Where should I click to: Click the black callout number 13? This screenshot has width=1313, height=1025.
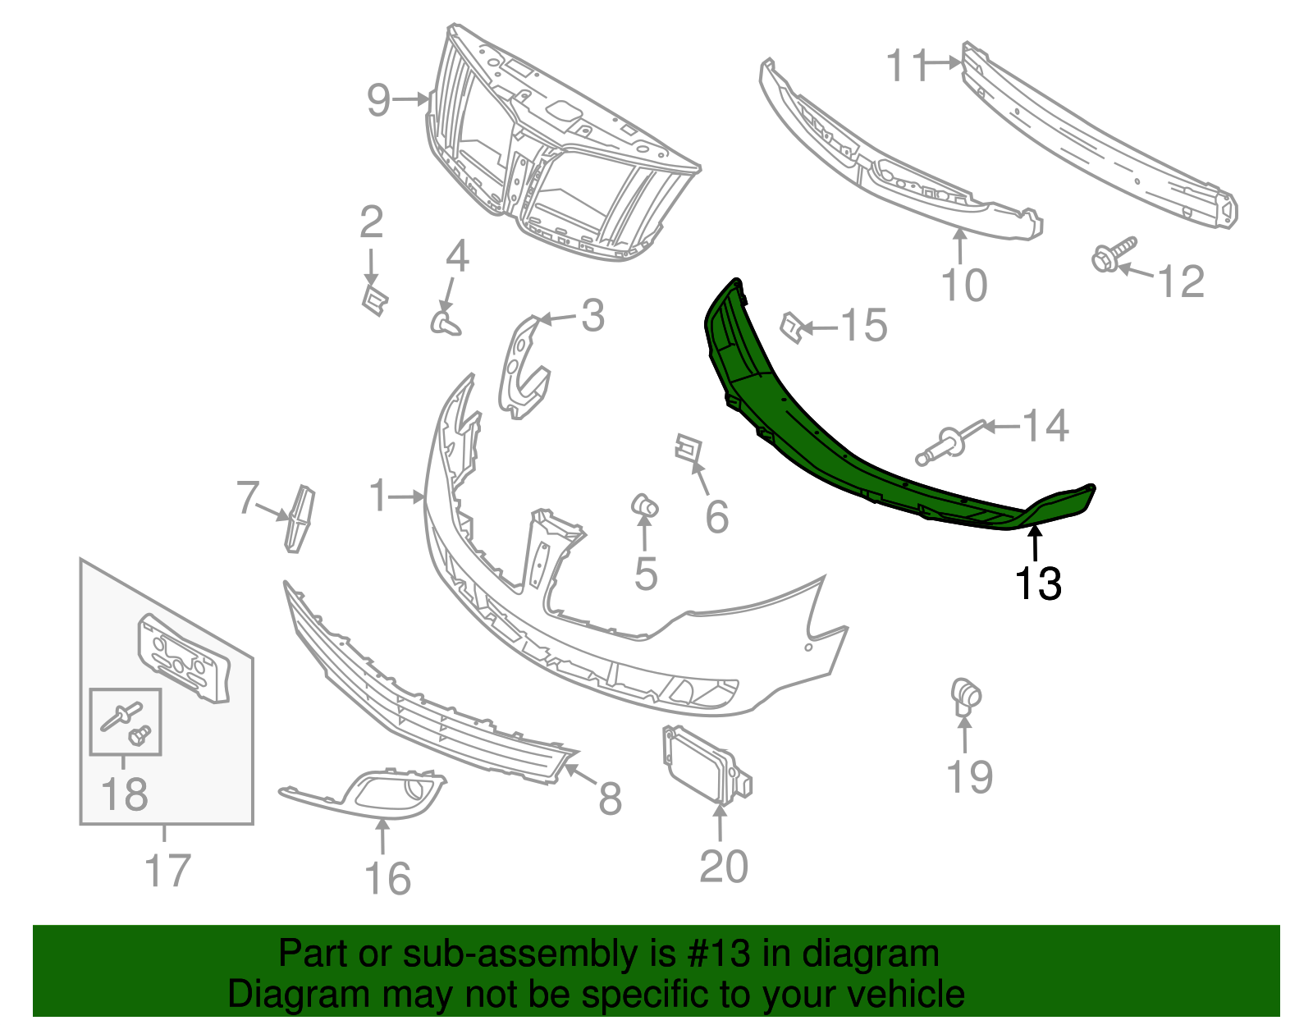click(x=1038, y=583)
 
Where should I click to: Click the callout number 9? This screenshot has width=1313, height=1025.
click(x=378, y=100)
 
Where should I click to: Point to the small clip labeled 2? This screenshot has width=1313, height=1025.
click(x=374, y=300)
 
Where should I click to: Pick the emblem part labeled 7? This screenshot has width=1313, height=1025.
click(x=300, y=518)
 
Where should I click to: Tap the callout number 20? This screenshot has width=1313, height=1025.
click(x=723, y=867)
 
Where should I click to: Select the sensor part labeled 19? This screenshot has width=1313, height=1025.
click(x=965, y=696)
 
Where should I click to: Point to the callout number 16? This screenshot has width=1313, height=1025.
click(x=387, y=879)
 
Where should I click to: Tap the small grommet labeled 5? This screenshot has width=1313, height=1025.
click(x=644, y=505)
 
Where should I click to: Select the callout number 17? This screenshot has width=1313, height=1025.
click(x=167, y=871)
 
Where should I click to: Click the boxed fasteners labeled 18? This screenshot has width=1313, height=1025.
click(x=126, y=721)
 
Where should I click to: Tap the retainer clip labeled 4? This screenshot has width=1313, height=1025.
click(x=445, y=322)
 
